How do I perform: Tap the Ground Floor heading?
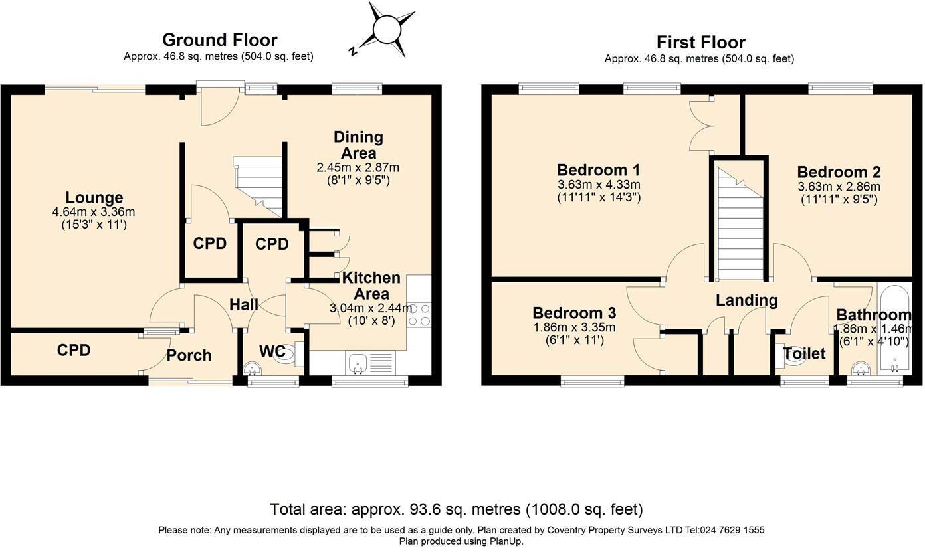(x=220, y=40)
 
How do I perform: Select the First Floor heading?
(x=701, y=42)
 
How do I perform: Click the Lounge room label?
(x=94, y=197)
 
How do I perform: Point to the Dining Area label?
(x=358, y=145)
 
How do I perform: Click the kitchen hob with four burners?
(x=419, y=314)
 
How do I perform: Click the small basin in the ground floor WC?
(x=253, y=369)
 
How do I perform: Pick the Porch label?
(x=189, y=355)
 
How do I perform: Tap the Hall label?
(x=244, y=305)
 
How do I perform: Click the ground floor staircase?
(x=258, y=187)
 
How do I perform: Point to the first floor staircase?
(x=739, y=224)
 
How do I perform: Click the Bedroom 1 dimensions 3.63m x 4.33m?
(x=599, y=184)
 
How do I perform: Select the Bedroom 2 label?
(x=839, y=172)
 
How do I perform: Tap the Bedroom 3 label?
(x=574, y=313)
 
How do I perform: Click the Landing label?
(x=747, y=300)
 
